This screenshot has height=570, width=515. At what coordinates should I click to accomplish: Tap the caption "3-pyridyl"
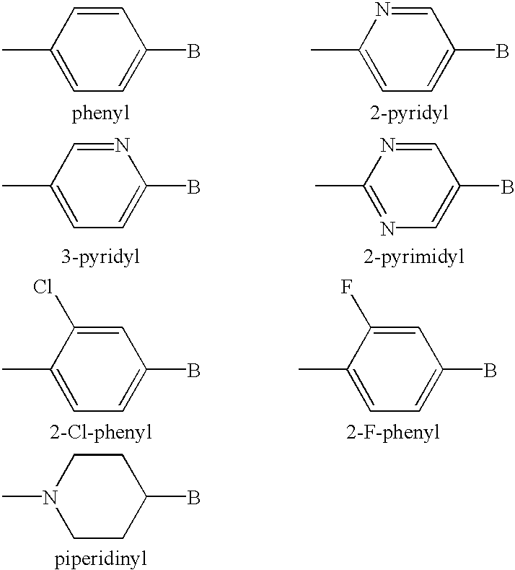click(100, 256)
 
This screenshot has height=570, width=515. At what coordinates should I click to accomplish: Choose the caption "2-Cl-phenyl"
click(101, 433)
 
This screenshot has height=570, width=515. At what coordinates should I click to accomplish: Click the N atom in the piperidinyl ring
click(50, 497)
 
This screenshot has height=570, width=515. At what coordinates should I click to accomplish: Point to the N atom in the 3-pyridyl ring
click(122, 145)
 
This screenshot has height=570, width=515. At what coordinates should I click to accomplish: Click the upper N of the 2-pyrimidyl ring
click(388, 145)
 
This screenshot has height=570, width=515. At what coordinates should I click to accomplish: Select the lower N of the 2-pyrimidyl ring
click(388, 229)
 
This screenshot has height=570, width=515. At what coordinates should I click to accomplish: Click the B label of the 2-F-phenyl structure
click(490, 371)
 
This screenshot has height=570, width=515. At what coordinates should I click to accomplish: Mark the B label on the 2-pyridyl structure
click(502, 51)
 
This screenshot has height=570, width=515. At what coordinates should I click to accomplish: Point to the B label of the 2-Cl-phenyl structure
click(194, 371)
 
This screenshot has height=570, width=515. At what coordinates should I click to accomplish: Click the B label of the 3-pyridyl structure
click(194, 187)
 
